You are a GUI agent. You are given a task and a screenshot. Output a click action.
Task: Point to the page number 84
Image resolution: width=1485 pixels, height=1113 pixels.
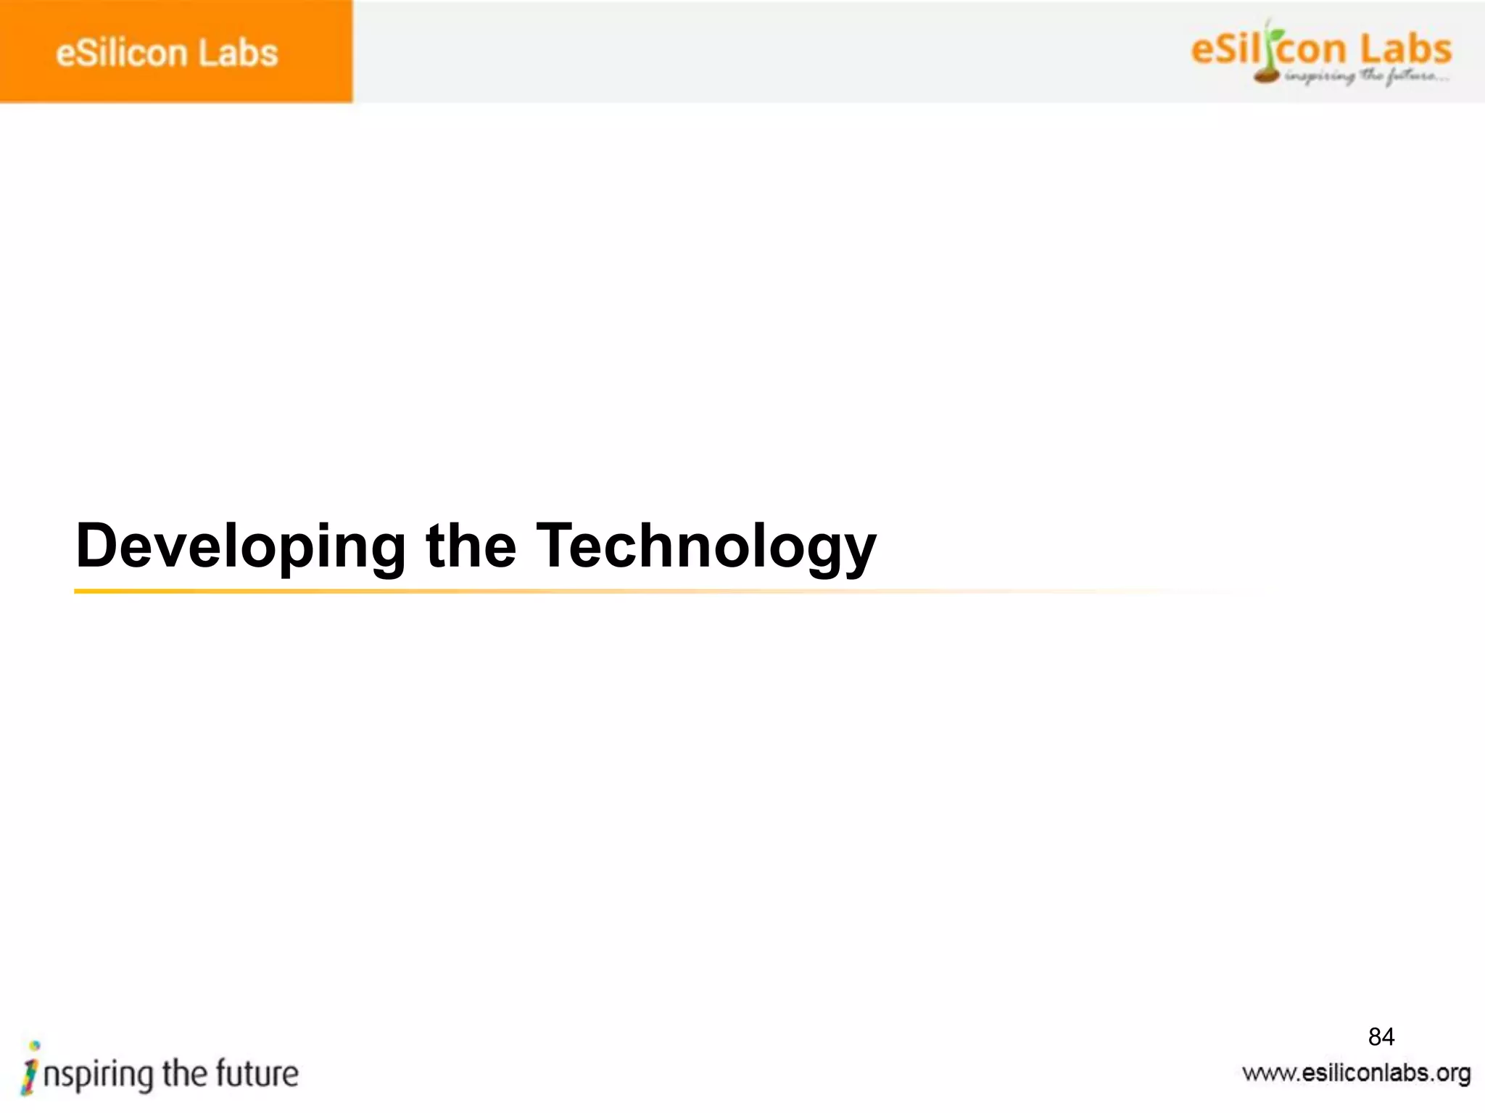pos(1381,1037)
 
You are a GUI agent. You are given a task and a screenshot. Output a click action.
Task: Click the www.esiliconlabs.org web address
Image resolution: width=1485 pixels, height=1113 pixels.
pos(1356,1073)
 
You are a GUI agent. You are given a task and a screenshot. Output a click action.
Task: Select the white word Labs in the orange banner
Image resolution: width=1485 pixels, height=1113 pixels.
pos(239,54)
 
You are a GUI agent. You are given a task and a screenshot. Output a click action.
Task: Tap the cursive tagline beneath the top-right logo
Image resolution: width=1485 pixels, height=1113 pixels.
pos(1367,76)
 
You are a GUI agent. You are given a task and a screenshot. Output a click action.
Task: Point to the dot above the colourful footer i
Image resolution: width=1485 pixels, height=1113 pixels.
pos(34,1045)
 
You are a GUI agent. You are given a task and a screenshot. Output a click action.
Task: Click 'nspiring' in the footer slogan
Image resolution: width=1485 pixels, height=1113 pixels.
pos(99,1075)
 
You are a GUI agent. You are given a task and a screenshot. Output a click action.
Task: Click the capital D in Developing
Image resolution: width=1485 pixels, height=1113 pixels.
pos(97,545)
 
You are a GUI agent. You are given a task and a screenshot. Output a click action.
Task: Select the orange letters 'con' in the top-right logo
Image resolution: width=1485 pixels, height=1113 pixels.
pos(1313,51)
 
